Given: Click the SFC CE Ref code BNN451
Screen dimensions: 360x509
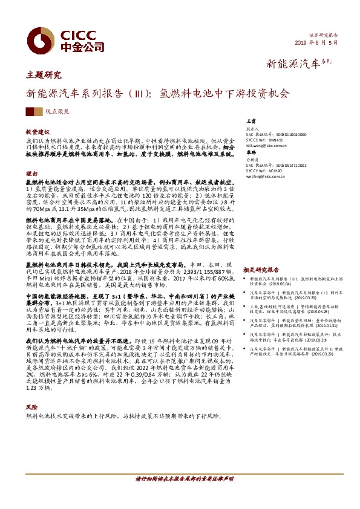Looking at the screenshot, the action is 282,140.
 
